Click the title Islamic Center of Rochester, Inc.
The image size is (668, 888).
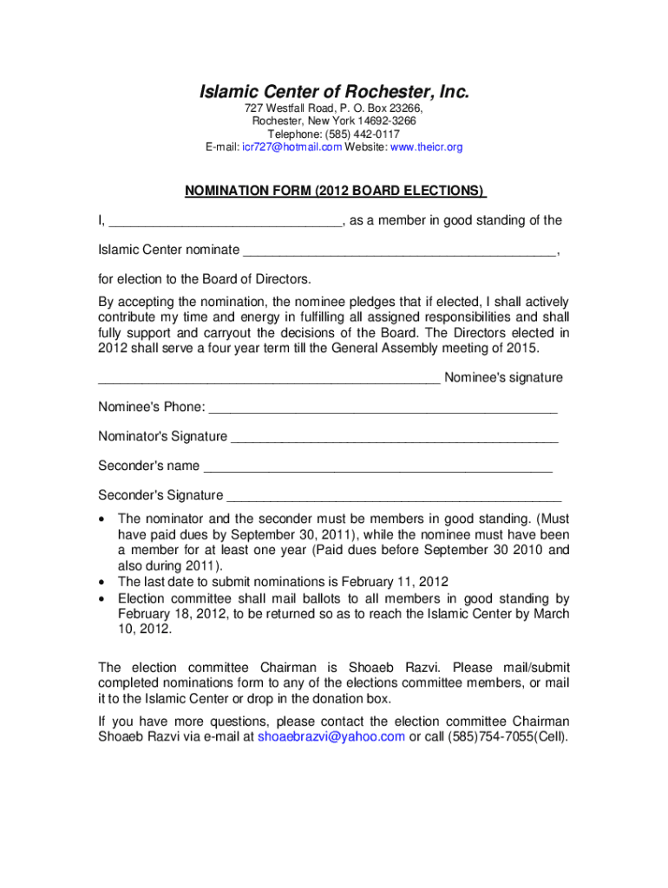334,92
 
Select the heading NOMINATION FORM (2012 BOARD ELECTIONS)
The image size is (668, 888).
334,191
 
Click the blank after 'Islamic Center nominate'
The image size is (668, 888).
399,253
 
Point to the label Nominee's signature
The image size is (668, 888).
503,377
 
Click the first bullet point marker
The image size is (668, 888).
103,519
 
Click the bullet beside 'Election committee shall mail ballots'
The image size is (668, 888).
103,598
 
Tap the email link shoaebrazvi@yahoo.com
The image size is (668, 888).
331,737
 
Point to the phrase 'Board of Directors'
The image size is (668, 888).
256,279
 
